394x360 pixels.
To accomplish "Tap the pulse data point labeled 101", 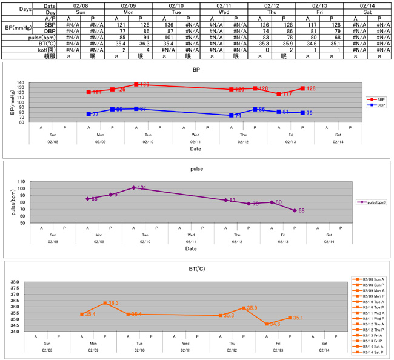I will (134, 188).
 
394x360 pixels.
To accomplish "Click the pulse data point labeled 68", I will (295, 210).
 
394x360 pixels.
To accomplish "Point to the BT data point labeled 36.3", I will (105, 303).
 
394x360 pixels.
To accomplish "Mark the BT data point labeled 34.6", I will (267, 324).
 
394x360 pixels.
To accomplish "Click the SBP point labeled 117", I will (279, 94).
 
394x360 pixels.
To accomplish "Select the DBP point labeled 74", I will (232, 115).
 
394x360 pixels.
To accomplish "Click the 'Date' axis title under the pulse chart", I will (191, 249).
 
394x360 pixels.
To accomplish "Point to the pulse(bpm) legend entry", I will (372, 202).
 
